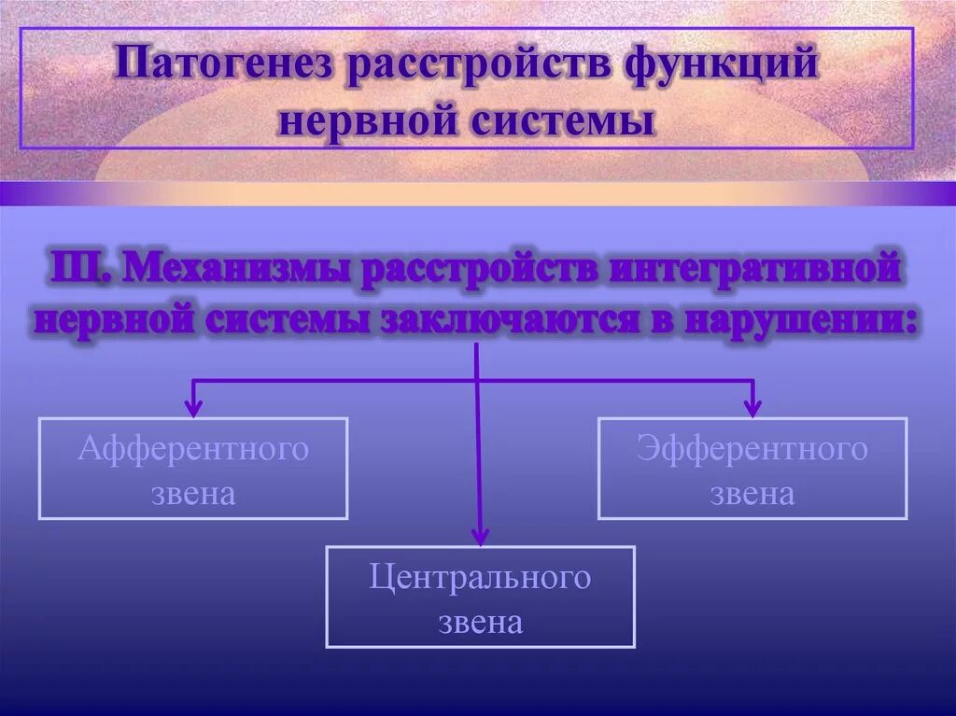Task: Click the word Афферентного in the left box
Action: click(x=193, y=449)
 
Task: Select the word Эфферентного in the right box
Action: click(x=752, y=449)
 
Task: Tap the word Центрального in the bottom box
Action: click(x=480, y=578)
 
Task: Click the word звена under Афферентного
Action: click(x=193, y=492)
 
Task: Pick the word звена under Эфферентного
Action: click(x=752, y=492)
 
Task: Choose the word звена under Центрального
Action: click(x=480, y=621)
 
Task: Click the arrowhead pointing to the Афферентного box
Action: click(x=193, y=407)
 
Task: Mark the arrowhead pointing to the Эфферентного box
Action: click(x=752, y=407)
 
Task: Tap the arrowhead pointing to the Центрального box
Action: click(x=480, y=536)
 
